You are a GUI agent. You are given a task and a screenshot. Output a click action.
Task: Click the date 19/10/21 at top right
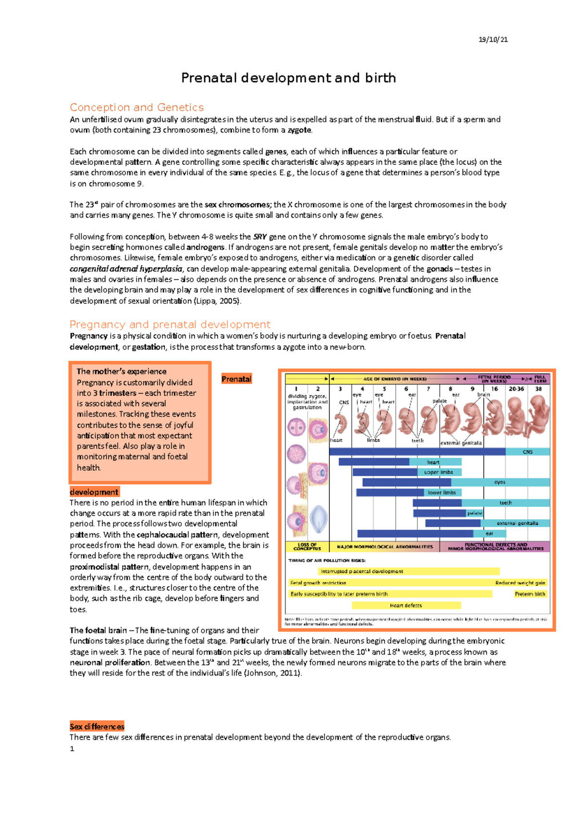[x=493, y=39]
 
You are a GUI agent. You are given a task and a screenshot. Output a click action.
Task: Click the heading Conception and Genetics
[x=137, y=107]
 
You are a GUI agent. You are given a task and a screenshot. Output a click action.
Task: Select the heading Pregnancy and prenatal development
[x=170, y=324]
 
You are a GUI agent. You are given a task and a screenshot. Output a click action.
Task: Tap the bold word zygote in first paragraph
[x=299, y=130]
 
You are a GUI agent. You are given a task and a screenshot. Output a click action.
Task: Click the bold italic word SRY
[x=260, y=236]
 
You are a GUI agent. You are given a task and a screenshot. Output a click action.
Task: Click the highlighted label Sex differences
[x=97, y=727]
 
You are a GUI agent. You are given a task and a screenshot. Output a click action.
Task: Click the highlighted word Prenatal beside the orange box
[x=236, y=379]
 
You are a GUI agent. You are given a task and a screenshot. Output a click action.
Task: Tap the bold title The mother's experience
[x=121, y=371]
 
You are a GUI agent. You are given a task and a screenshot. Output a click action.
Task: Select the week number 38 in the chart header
[x=539, y=389]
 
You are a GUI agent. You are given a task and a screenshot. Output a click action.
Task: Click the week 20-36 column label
[x=516, y=389]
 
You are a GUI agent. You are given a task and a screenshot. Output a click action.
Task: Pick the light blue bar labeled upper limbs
[x=439, y=472]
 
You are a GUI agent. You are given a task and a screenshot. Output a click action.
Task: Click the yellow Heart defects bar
[x=406, y=606]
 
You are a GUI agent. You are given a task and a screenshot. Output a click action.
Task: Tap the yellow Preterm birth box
[x=530, y=594]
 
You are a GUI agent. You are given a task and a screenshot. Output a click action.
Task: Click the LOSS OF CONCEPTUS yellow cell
[x=307, y=547]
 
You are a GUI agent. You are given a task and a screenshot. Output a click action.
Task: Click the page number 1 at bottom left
[x=72, y=749]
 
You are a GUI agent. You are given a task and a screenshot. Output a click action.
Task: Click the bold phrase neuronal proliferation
[x=110, y=662]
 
